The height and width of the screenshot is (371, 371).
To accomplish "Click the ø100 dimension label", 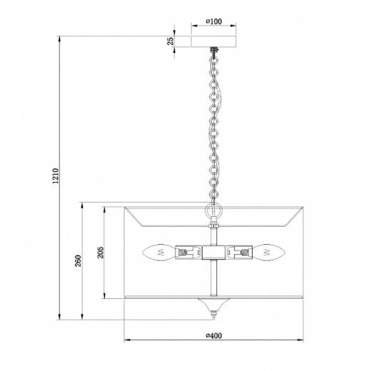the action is click(213, 21).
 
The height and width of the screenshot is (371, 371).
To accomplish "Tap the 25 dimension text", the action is click(171, 41).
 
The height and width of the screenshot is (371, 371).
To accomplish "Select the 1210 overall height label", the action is click(56, 176).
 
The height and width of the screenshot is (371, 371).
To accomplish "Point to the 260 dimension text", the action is click(78, 260).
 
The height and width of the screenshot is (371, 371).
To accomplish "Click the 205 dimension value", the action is click(101, 253).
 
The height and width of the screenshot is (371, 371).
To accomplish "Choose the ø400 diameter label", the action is click(213, 335).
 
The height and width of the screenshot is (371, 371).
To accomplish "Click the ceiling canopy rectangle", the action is click(213, 41).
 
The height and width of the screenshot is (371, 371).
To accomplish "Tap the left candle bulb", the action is click(158, 252).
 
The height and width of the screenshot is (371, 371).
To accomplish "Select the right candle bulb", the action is click(268, 252).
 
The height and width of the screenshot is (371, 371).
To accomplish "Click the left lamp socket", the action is click(188, 252).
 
